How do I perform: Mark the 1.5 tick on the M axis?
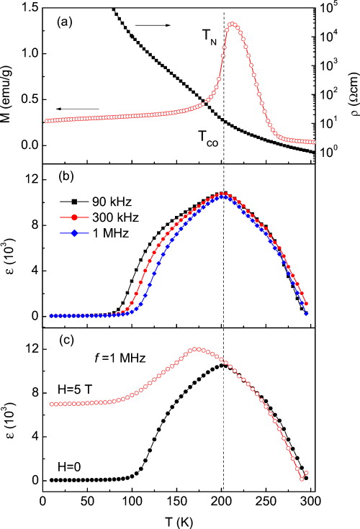[x=25, y=6]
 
